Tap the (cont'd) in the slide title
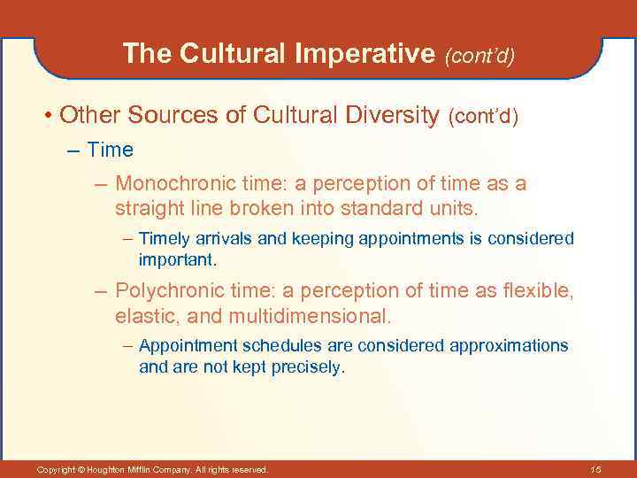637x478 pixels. tap(480, 56)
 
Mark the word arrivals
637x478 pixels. tap(230, 239)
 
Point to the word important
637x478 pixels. tap(177, 261)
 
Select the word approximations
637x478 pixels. tap(509, 345)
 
